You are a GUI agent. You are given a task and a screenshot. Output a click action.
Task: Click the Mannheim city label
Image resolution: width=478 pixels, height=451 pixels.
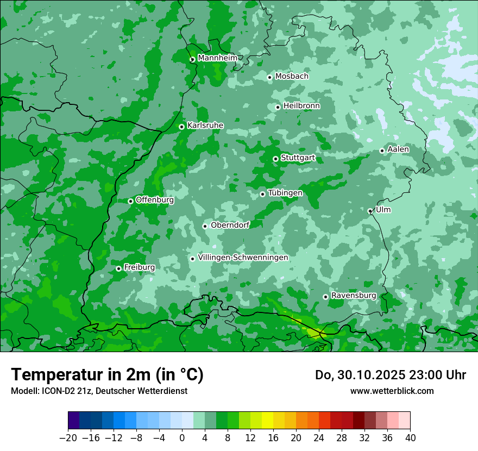(217, 58)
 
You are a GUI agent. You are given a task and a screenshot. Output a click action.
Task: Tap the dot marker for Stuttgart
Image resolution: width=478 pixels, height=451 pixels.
(275, 159)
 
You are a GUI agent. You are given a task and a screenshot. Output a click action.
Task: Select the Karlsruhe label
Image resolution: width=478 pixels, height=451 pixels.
(205, 126)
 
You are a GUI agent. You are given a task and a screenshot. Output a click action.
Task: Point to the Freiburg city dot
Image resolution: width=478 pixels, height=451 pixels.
(118, 268)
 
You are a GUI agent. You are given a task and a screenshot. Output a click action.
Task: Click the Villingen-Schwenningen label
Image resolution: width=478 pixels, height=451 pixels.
(243, 258)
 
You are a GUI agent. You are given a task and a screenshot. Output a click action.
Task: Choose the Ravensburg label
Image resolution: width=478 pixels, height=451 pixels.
(354, 296)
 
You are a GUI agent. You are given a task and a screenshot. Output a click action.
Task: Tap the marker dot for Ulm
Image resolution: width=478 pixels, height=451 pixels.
(370, 211)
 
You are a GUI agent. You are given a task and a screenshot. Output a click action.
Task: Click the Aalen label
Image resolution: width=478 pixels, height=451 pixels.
(398, 149)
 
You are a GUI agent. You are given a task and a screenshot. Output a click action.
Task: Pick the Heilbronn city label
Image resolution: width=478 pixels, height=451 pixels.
(301, 106)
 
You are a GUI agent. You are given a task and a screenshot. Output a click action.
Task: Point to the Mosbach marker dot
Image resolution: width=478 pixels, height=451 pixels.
(269, 77)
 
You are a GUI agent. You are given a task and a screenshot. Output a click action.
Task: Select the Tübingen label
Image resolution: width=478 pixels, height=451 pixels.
(285, 193)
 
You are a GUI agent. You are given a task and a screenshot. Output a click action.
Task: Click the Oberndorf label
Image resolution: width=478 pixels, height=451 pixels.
(230, 225)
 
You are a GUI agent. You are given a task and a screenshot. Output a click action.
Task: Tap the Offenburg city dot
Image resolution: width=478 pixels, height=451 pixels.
(130, 201)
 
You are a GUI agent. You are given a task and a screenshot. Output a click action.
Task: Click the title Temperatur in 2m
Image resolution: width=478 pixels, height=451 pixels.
(107, 374)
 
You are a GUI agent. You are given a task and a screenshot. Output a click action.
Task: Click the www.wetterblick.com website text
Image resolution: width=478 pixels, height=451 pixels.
(392, 391)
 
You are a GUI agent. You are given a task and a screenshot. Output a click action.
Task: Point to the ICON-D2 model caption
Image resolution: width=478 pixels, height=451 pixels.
(99, 391)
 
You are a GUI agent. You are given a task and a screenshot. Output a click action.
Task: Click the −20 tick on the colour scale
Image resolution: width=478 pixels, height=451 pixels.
(68, 438)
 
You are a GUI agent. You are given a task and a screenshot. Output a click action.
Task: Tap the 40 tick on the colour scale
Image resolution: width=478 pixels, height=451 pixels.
(410, 438)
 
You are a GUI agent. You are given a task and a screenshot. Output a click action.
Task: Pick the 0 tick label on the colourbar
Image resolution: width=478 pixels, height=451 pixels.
(182, 438)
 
